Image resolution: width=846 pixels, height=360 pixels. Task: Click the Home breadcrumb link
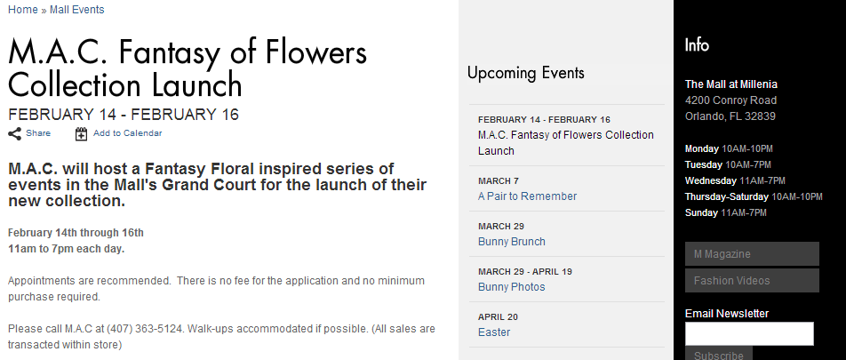tap(23, 10)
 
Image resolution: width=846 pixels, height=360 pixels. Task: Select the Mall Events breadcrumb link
tap(76, 10)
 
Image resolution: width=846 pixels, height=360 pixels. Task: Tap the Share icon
tap(15, 134)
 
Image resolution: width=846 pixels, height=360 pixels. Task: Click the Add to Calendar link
tap(127, 133)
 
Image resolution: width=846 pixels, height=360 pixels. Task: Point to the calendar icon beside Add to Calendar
tap(81, 134)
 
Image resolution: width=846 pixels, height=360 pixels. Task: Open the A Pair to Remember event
tap(527, 196)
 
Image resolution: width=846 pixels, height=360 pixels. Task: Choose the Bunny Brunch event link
tap(512, 242)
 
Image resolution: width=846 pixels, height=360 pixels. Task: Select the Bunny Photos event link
tap(512, 287)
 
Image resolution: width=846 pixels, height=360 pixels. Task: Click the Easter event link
tap(494, 332)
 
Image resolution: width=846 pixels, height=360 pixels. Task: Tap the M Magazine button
tap(752, 253)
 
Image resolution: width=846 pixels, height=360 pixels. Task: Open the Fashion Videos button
tap(752, 281)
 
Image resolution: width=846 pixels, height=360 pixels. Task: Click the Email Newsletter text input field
tap(749, 333)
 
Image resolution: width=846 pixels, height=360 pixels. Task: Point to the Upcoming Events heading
tap(525, 73)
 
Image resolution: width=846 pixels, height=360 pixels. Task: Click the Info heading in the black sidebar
tap(697, 44)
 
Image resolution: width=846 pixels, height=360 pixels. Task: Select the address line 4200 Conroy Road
tap(730, 100)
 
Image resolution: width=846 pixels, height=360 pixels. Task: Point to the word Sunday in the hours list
tap(701, 212)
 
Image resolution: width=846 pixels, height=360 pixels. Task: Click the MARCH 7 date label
tap(498, 180)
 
